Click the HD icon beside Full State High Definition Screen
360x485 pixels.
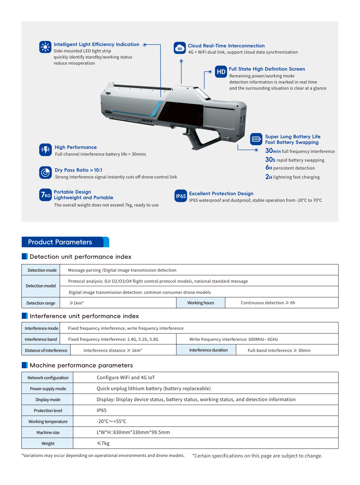[x=221, y=72]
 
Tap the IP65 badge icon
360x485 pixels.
[x=181, y=196]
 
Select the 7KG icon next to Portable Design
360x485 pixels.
[x=45, y=195]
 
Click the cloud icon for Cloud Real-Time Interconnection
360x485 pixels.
[x=180, y=48]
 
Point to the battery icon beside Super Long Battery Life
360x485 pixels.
[x=256, y=139]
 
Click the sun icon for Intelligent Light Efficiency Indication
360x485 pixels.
[x=45, y=47]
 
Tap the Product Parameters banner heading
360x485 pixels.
[x=60, y=242]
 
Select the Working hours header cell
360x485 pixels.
[x=201, y=303]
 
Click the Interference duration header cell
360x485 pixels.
[x=208, y=350]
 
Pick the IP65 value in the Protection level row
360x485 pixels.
[x=101, y=411]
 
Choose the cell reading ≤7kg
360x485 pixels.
[x=103, y=444]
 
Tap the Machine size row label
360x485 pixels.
[x=48, y=433]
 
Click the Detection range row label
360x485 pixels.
[x=41, y=303]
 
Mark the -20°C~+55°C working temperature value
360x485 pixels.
[x=111, y=421]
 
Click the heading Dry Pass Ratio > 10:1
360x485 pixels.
[x=79, y=170]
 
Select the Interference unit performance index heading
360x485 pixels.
[x=84, y=316]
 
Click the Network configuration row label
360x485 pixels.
[x=48, y=378]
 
